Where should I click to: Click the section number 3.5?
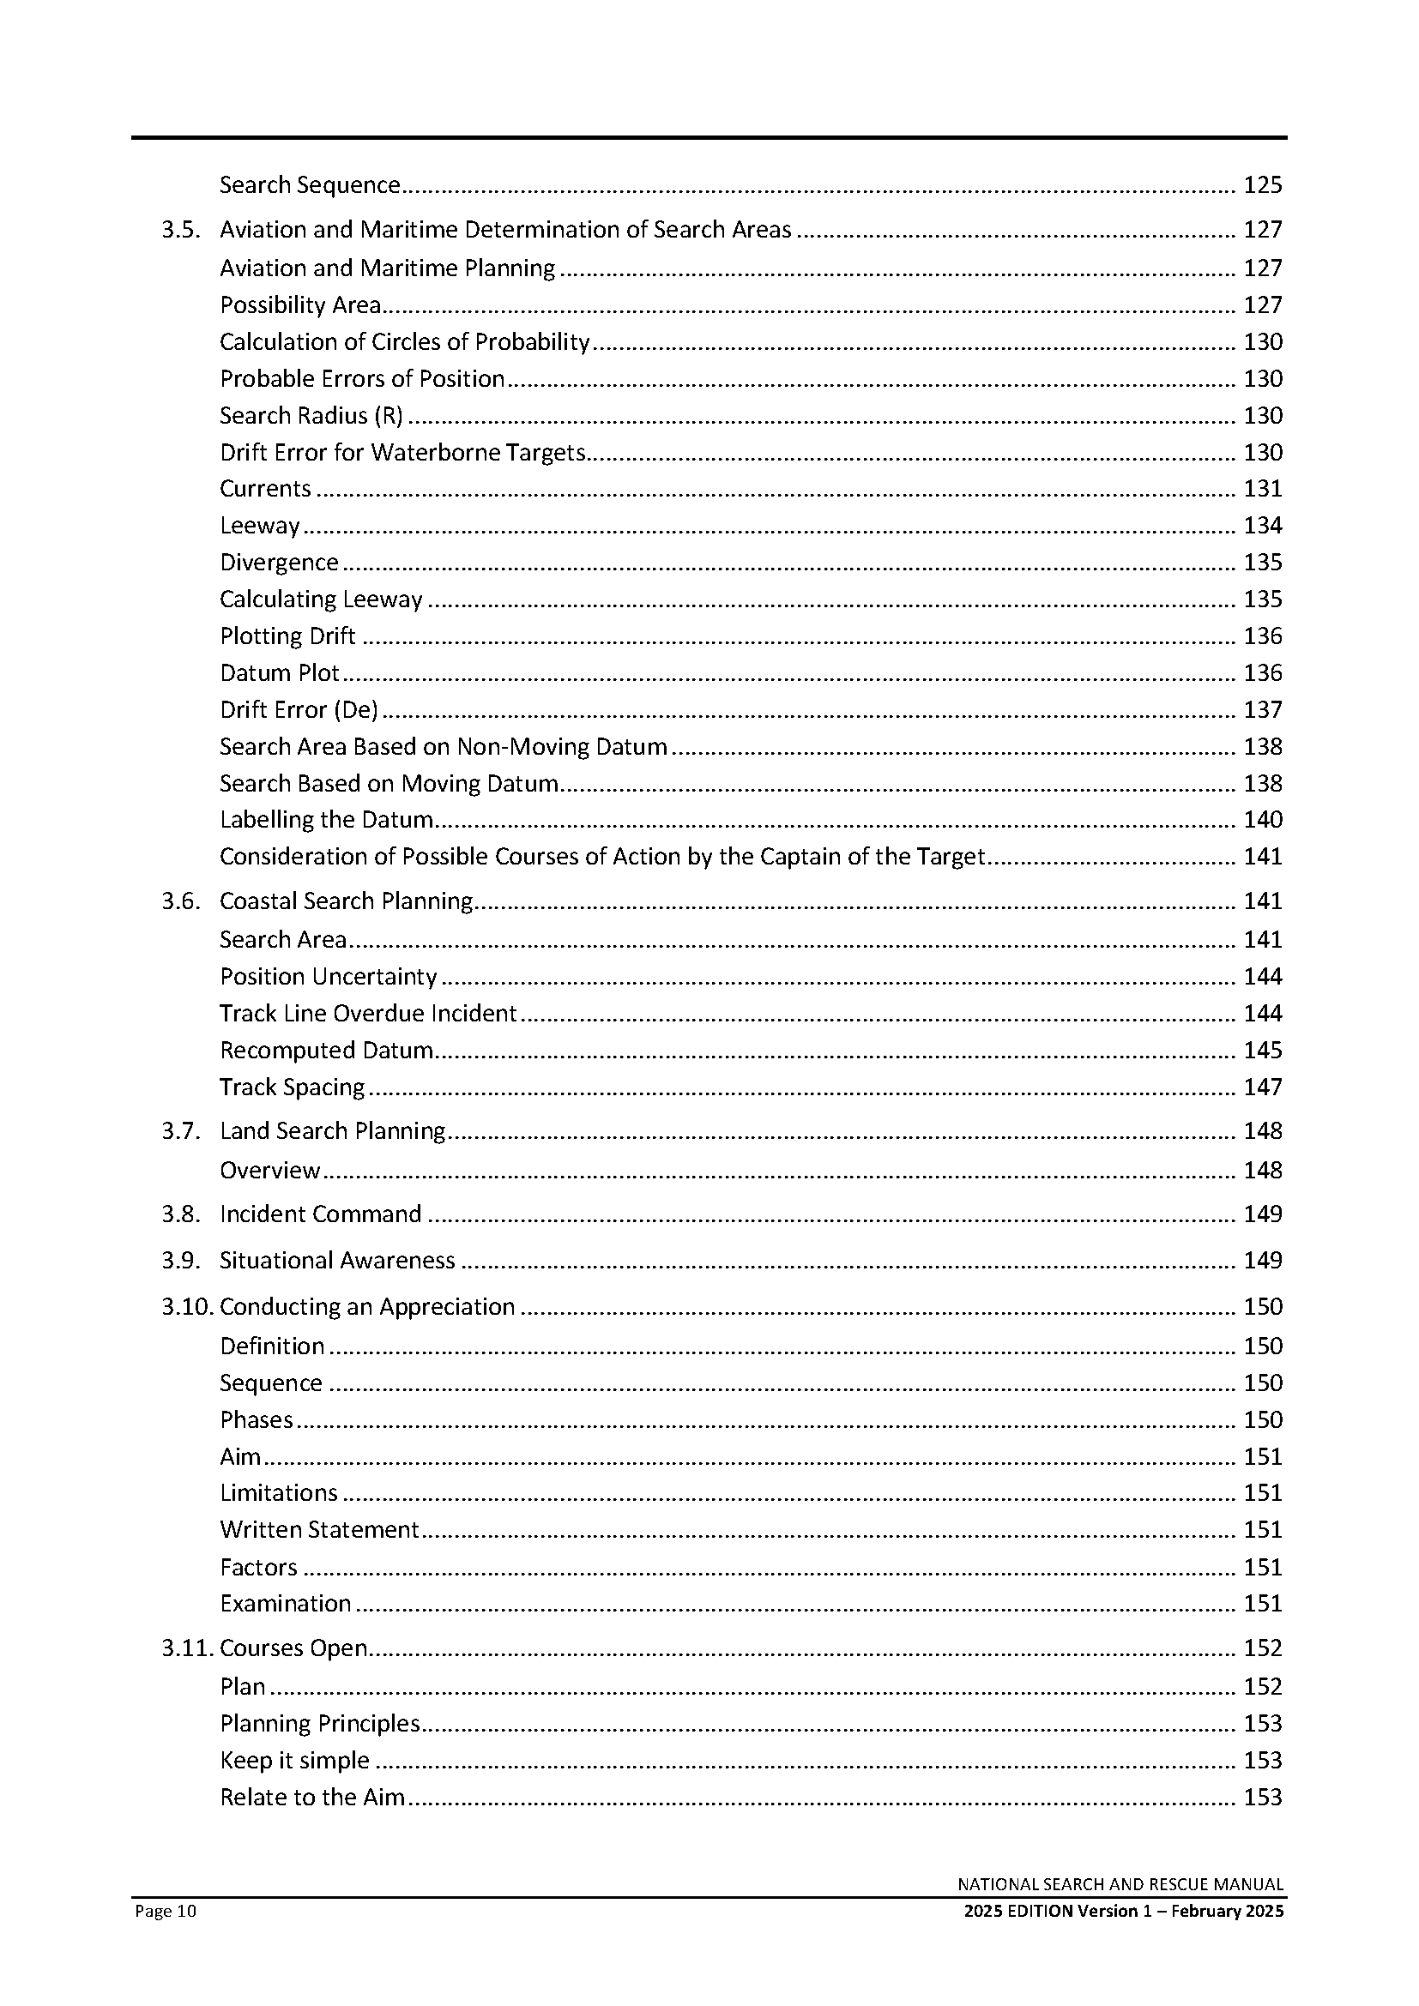coord(180,230)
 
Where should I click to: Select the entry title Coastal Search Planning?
coord(346,901)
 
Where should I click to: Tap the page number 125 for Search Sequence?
coord(1263,185)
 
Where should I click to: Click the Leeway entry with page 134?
coord(259,526)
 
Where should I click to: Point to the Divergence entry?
coord(279,563)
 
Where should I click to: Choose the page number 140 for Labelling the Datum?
coord(1263,821)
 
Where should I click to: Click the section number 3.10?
coord(186,1307)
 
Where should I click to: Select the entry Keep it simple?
coord(294,1761)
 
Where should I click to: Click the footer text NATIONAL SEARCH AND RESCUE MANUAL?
coord(1120,1884)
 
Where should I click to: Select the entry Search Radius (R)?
coord(311,416)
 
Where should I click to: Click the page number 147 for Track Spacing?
coord(1263,1087)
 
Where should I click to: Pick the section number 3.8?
coord(180,1214)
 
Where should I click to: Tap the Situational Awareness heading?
coord(337,1261)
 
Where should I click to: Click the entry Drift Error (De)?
coord(299,710)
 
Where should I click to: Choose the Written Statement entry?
coord(320,1530)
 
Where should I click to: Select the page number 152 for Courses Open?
coord(1263,1648)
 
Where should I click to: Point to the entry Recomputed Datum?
coord(327,1051)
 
